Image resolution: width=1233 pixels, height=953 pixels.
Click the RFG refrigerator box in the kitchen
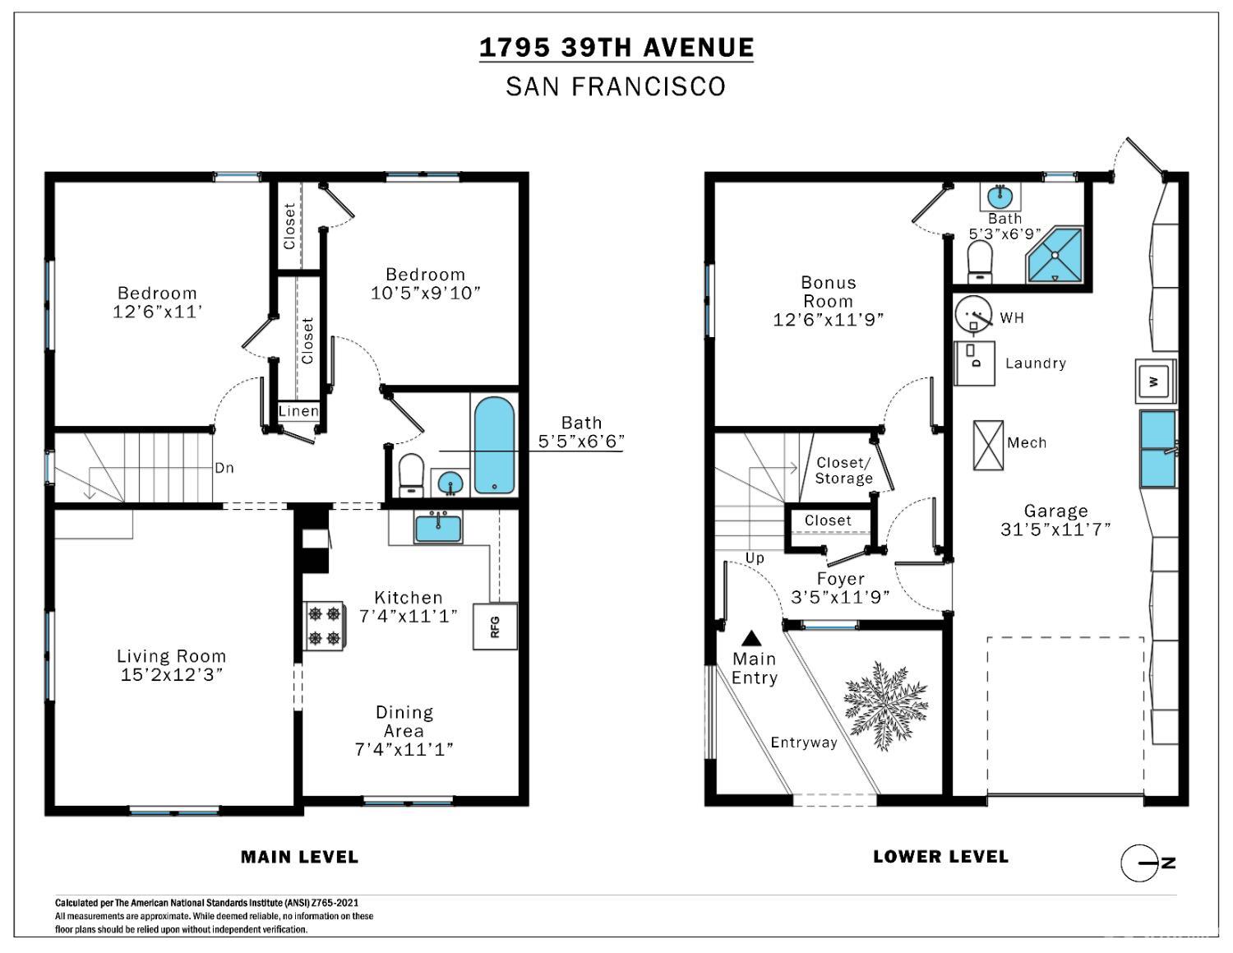495,626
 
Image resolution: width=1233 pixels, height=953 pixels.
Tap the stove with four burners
323,626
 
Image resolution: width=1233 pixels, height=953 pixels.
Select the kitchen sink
438,527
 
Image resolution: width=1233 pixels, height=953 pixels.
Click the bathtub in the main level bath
494,445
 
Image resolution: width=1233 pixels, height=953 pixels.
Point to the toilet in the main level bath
411,475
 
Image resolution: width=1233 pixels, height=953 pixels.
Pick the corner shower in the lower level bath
1055,255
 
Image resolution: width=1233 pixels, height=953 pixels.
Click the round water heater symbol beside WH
974,313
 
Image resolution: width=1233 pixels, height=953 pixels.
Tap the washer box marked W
1155,382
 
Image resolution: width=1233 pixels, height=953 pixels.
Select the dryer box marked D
974,363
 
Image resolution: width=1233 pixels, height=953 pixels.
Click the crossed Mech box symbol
988,445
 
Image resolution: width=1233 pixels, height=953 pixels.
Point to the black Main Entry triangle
751,638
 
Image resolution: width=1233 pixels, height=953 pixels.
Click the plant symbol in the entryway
885,705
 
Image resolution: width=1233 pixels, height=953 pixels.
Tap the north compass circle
1138,863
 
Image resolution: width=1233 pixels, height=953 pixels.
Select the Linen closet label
298,411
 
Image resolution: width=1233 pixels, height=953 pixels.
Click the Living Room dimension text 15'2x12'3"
171,675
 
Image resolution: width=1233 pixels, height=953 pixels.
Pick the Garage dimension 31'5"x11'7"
1055,530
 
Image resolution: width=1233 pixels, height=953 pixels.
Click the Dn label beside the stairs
224,468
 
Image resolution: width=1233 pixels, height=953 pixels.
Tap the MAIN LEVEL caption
299,857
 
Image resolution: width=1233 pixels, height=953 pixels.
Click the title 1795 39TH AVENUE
616,47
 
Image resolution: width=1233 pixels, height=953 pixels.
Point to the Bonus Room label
829,292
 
